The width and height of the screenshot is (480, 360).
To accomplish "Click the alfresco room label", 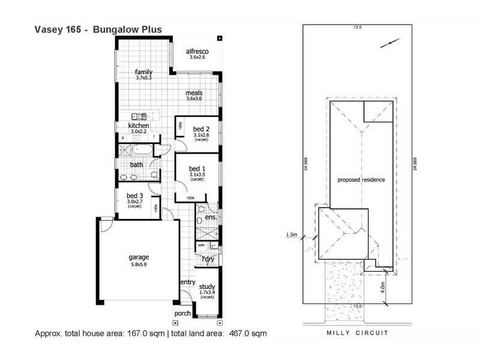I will pyautogui.click(x=197, y=52).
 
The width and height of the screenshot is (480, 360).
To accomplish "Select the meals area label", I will pyautogui.click(x=194, y=93).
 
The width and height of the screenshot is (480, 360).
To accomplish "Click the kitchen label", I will pyautogui.click(x=139, y=125).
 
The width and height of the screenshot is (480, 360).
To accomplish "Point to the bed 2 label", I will pyautogui.click(x=201, y=129).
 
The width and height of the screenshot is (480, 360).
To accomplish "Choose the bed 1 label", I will pyautogui.click(x=197, y=169).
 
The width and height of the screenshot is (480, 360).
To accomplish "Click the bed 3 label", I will pyautogui.click(x=135, y=196).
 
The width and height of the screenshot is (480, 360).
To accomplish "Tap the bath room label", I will pyautogui.click(x=136, y=164).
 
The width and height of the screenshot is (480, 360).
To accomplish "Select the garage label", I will pyautogui.click(x=139, y=256).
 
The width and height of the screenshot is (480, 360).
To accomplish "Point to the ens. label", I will pyautogui.click(x=211, y=218).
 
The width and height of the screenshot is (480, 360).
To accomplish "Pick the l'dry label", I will pyautogui.click(x=208, y=259).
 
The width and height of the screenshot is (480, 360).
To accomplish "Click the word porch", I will pyautogui.click(x=182, y=314).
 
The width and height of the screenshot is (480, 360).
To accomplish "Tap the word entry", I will pyautogui.click(x=188, y=282).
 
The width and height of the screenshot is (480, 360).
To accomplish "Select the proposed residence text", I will pyautogui.click(x=361, y=179).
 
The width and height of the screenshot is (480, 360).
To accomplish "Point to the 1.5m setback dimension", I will pyautogui.click(x=293, y=235).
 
